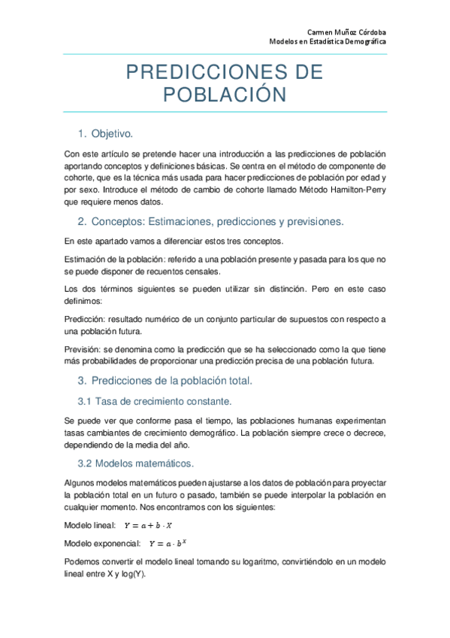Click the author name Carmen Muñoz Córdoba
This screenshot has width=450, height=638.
[x=347, y=31]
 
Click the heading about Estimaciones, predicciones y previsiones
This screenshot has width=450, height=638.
[x=210, y=221]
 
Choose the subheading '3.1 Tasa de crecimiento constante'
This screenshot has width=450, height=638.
[x=156, y=400]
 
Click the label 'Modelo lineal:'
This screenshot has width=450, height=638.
[x=90, y=525]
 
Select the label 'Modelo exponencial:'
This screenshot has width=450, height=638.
[x=102, y=543]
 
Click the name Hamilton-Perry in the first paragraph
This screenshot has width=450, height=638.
[x=358, y=190]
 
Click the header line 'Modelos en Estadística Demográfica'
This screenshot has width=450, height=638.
[x=328, y=42]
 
